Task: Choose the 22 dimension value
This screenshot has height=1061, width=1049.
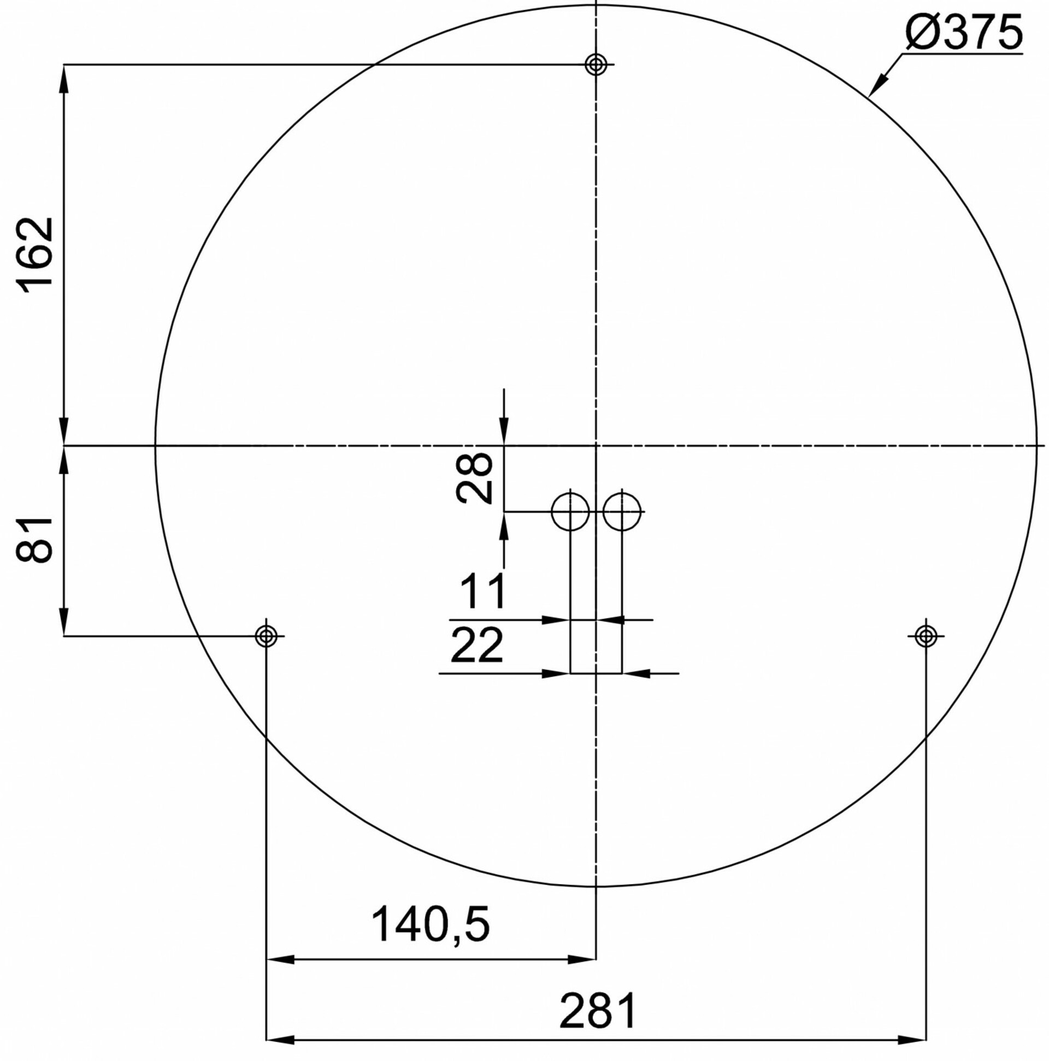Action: pos(477,645)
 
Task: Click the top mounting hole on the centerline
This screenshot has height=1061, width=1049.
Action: pos(596,65)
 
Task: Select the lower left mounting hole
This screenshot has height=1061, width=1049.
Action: pos(267,636)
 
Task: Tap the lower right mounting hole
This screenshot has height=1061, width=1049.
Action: pos(926,636)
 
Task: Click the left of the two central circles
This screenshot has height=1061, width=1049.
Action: pos(570,512)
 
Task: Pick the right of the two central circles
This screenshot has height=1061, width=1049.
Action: pos(622,512)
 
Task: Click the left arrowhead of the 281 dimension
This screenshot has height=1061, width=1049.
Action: pos(278,1040)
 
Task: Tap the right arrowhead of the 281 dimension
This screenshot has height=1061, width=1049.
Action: pos(915,1040)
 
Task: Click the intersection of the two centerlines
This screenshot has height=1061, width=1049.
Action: pos(596,445)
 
